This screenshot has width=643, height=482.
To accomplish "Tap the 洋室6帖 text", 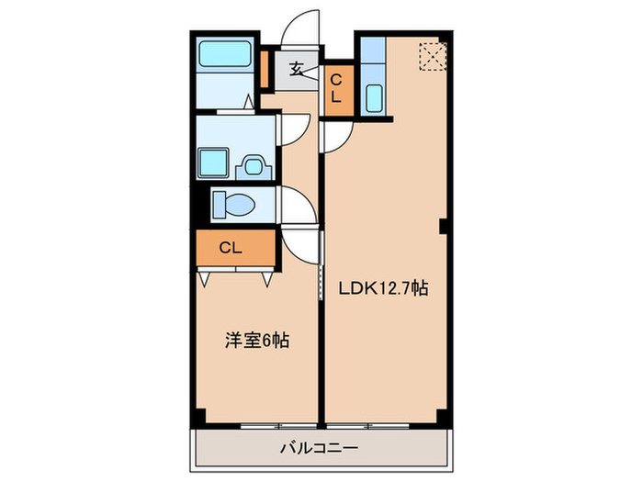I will coord(257,341).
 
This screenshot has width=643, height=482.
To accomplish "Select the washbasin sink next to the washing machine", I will coord(252,166).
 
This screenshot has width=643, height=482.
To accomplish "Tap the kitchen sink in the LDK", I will coord(374,96).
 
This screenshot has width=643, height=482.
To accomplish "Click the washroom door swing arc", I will coord(296,128).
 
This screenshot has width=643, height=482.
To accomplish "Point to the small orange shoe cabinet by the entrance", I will coord(264,70).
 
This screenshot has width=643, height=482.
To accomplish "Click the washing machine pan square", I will coord(218,162).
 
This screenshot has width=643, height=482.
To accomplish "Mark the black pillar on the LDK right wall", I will coord(444,227).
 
